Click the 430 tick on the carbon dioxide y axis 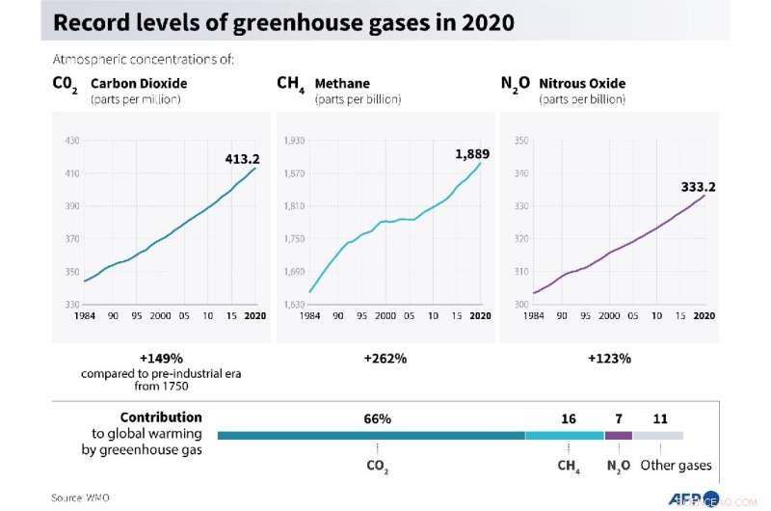71,141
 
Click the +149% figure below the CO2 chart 160,358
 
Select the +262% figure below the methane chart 385,358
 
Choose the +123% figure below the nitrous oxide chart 608,358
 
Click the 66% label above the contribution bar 377,419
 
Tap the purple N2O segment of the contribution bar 618,436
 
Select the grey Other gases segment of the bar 657,436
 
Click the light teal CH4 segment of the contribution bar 564,436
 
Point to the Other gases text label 676,466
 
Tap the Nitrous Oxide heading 582,84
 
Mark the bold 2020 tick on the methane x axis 478,316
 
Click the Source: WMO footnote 81,498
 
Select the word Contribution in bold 161,417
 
